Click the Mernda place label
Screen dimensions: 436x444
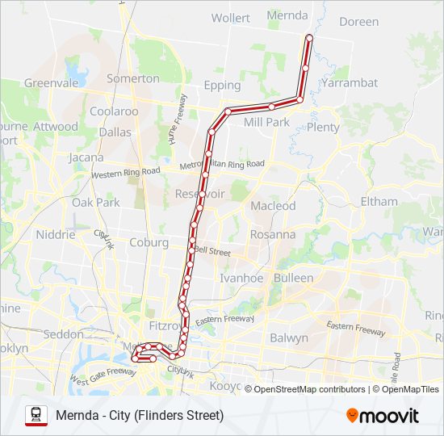tap(287, 15)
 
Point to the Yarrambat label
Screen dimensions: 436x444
tap(349, 82)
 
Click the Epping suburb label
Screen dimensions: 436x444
tap(223, 85)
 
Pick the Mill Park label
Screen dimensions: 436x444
tap(266, 122)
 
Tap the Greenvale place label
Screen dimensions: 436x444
tap(49, 82)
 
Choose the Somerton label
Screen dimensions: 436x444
tap(133, 78)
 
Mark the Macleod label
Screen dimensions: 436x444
tap(274, 206)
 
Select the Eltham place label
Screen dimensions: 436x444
tap(379, 201)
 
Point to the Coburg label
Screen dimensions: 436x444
tap(149, 242)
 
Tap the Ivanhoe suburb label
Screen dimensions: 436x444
tap(242, 278)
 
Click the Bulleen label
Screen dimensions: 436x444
tap(293, 278)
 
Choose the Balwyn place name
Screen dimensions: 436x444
tap(289, 337)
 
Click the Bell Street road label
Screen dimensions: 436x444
tap(212, 252)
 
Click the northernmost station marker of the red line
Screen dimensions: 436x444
tap(309, 37)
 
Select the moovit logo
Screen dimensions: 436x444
tap(383, 416)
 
